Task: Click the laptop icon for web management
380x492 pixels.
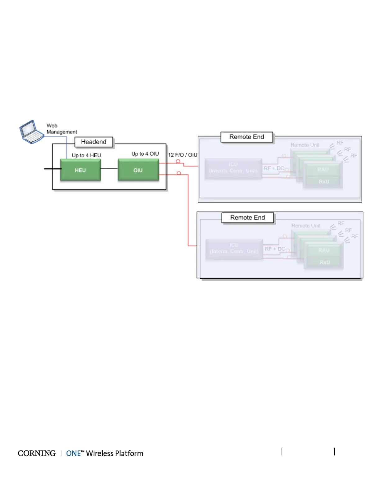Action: click(x=32, y=132)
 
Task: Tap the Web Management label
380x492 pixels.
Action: click(x=61, y=129)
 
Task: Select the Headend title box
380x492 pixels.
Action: click(x=94, y=142)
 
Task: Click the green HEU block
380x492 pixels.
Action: click(x=80, y=170)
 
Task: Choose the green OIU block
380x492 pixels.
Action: click(x=138, y=170)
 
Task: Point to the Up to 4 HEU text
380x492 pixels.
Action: click(x=86, y=155)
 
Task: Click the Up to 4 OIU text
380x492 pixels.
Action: click(x=145, y=154)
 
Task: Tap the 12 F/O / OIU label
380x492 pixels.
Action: click(x=183, y=155)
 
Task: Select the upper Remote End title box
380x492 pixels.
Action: click(x=247, y=137)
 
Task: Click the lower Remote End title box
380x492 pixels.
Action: click(x=248, y=218)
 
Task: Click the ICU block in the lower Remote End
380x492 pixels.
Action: click(x=234, y=248)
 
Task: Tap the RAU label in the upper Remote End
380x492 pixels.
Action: click(x=323, y=170)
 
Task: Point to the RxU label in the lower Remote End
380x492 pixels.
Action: click(x=325, y=262)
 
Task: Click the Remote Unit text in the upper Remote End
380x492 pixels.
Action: click(x=305, y=145)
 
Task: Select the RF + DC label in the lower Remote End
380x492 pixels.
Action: click(x=275, y=249)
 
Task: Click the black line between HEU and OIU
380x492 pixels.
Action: click(x=109, y=168)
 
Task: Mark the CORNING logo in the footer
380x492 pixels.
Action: click(x=37, y=453)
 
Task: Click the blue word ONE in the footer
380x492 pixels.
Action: click(x=74, y=453)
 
